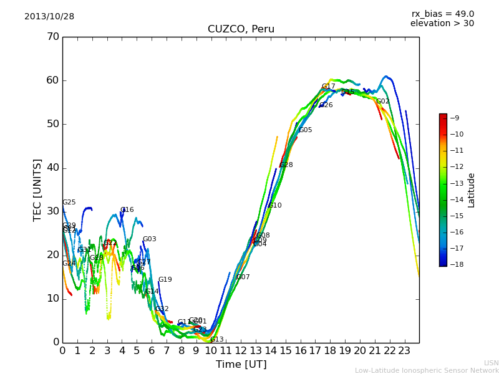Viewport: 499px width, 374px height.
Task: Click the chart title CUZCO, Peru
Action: pyautogui.click(x=241, y=29)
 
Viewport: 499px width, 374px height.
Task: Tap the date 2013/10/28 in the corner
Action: pyautogui.click(x=49, y=17)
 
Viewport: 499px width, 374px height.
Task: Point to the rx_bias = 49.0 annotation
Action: pyautogui.click(x=442, y=14)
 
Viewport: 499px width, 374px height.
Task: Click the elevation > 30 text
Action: pyautogui.click(x=442, y=24)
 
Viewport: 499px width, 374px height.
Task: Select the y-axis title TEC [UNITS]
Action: pyautogui.click(x=37, y=189)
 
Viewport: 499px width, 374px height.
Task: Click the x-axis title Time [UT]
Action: pyautogui.click(x=241, y=365)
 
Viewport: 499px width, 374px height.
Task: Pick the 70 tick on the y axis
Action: pyautogui.click(x=52, y=37)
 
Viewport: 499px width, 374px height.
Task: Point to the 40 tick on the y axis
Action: pyautogui.click(x=52, y=168)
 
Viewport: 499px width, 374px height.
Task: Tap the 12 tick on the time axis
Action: pyautogui.click(x=241, y=350)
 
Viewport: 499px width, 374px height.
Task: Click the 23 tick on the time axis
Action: pyautogui.click(x=404, y=350)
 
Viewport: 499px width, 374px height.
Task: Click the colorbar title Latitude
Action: pyautogui.click(x=472, y=190)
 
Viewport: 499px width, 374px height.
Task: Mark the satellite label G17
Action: pyautogui.click(x=329, y=87)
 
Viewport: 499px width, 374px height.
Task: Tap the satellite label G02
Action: pyautogui.click(x=382, y=102)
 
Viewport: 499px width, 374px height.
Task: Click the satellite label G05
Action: pyautogui.click(x=306, y=130)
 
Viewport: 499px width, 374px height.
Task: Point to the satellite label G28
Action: pyautogui.click(x=286, y=165)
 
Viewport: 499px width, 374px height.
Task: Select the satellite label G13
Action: pyautogui.click(x=217, y=340)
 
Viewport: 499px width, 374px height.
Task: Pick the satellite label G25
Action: pyautogui.click(x=69, y=203)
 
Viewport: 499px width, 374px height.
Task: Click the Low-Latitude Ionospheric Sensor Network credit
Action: pyautogui.click(x=427, y=370)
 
